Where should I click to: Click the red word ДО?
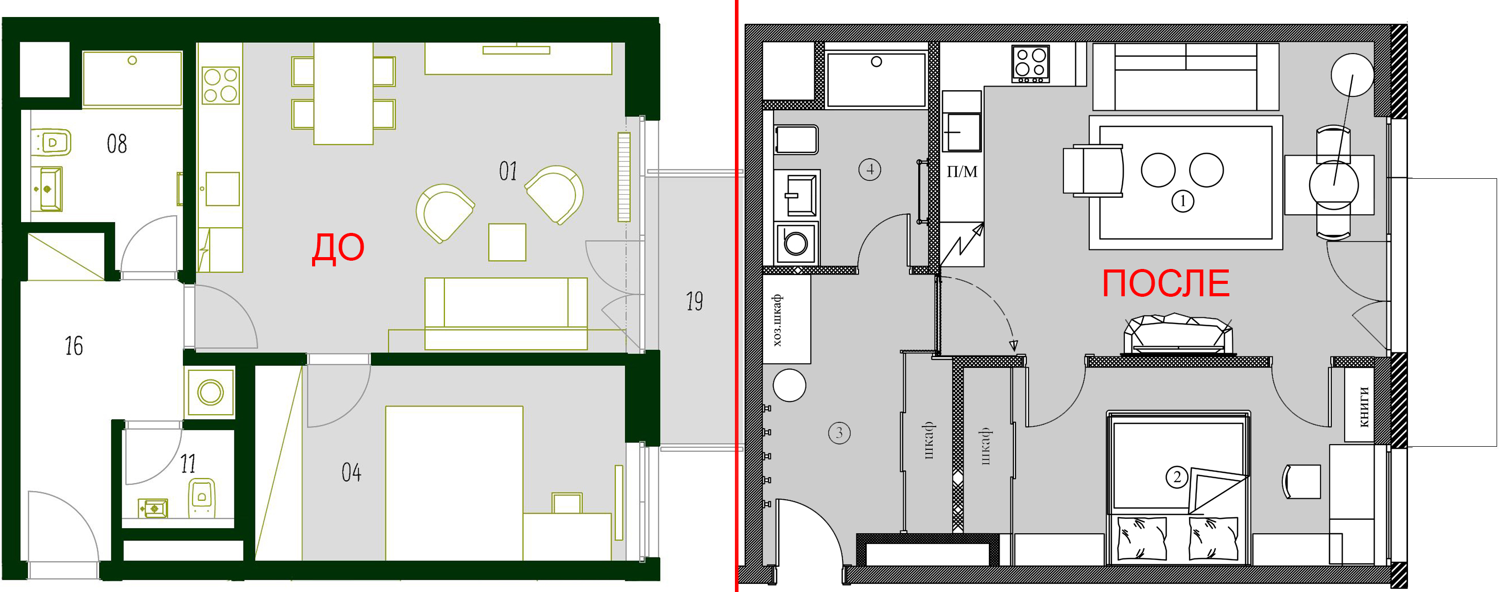[x=338, y=248]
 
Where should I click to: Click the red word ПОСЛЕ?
[x=1165, y=283]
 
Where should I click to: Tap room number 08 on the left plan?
[x=117, y=144]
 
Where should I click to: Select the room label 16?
[x=74, y=346]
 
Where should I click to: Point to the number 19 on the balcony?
[x=695, y=301]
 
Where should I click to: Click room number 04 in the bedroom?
[x=351, y=472]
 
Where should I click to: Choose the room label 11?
[x=188, y=464]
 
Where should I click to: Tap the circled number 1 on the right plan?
[x=1182, y=201]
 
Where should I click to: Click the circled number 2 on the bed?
[x=1177, y=477]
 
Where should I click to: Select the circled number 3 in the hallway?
[x=839, y=433]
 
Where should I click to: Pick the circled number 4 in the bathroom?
[x=869, y=170]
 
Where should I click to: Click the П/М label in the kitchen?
[x=962, y=172]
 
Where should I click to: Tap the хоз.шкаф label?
[x=777, y=320]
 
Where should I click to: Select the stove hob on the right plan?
[x=1031, y=64]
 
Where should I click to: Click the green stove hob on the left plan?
[x=220, y=86]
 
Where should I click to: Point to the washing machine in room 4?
[x=796, y=242]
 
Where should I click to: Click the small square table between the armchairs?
[x=507, y=242]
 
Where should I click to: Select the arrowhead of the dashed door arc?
[x=1013, y=346]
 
